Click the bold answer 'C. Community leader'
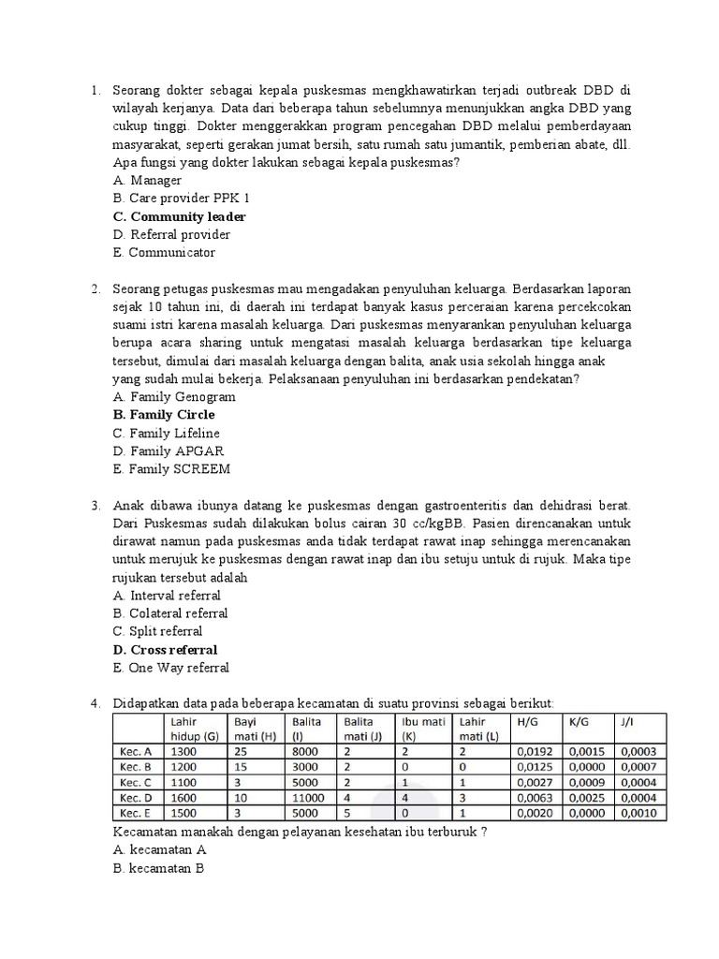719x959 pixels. (x=179, y=216)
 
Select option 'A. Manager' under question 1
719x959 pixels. (x=147, y=180)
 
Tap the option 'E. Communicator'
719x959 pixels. (x=164, y=253)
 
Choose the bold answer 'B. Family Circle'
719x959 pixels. (x=164, y=415)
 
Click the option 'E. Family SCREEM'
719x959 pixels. (x=171, y=469)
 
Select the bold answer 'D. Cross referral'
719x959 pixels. (x=165, y=650)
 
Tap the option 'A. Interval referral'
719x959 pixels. (x=167, y=596)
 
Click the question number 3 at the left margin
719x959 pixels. (x=95, y=506)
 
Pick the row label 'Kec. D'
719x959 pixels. (x=135, y=797)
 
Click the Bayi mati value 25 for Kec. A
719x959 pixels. (x=243, y=751)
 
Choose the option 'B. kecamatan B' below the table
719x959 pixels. (x=158, y=868)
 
